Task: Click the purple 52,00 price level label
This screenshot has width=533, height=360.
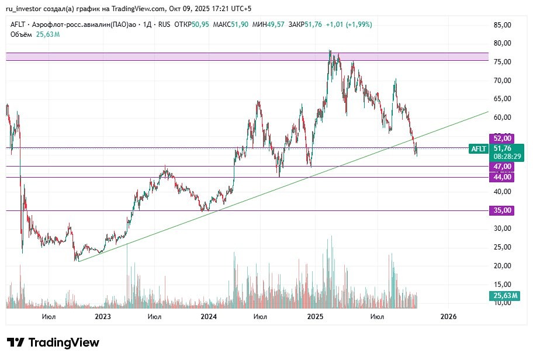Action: click(x=503, y=139)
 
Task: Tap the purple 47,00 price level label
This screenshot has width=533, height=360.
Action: click(x=503, y=167)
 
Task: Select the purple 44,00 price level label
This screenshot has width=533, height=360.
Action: click(x=503, y=177)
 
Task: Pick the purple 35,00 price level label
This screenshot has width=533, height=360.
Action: click(x=503, y=210)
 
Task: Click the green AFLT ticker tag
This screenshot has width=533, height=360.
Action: click(x=479, y=149)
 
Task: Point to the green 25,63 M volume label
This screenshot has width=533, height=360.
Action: click(x=503, y=296)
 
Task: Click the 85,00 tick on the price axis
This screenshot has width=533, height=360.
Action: click(x=503, y=25)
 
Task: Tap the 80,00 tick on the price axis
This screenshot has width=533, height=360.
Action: click(x=503, y=43)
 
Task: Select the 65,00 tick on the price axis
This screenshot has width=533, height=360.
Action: click(x=503, y=99)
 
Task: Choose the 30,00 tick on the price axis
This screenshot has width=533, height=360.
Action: click(x=503, y=229)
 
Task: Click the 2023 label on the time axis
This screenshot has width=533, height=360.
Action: click(x=102, y=317)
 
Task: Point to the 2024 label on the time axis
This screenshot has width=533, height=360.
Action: click(x=209, y=317)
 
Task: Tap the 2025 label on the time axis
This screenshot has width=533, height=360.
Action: click(x=316, y=317)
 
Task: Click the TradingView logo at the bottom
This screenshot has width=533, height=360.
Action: click(x=53, y=342)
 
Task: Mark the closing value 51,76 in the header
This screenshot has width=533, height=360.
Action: click(x=313, y=25)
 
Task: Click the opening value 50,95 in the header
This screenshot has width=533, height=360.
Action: click(x=200, y=25)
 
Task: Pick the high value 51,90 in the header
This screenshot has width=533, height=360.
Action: click(x=240, y=25)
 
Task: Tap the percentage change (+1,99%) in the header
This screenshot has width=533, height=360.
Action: click(x=358, y=25)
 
